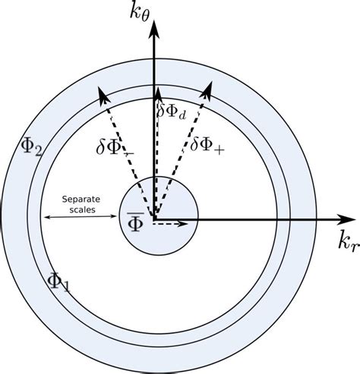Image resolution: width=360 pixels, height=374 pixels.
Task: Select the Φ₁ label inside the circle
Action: (x=58, y=281)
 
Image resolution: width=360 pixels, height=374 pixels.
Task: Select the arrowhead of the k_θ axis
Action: (x=154, y=29)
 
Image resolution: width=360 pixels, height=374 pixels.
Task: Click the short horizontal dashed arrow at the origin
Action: (x=173, y=224)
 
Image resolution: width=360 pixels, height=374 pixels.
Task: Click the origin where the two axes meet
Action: (x=154, y=221)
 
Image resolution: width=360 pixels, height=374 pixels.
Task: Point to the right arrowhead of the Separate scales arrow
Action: (x=116, y=220)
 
